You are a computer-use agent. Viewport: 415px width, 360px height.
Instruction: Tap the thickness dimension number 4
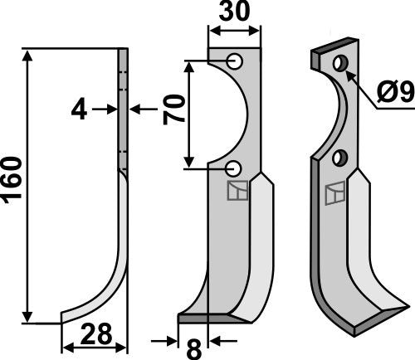[x=78, y=109]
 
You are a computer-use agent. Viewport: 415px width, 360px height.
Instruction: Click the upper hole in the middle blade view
[x=235, y=61]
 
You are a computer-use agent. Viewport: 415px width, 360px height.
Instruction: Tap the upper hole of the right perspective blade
[x=339, y=64]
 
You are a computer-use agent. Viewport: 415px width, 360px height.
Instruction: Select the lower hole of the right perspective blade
[x=338, y=157]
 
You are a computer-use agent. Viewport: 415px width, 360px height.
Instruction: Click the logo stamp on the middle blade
[x=237, y=192]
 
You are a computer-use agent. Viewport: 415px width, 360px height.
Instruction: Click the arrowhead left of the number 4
[x=109, y=108]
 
